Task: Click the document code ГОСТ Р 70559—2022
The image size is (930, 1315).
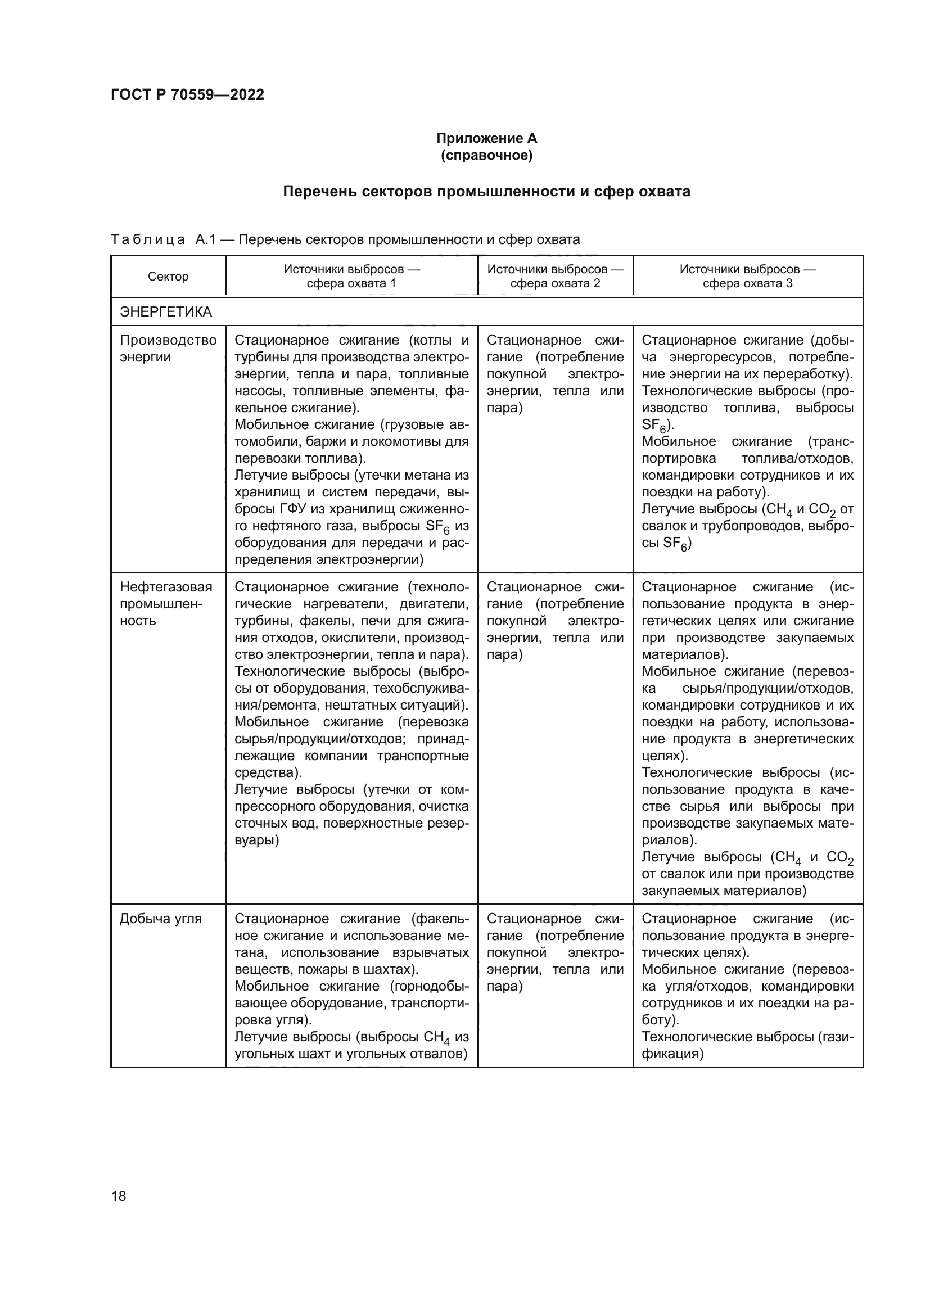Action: coord(187,94)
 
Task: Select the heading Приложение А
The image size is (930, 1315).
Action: coord(486,138)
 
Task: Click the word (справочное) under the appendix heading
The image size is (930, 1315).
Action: coord(486,155)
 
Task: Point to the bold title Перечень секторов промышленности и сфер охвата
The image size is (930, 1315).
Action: coord(486,191)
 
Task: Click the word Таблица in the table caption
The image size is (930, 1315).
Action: coord(148,239)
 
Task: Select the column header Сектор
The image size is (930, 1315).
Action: coord(168,277)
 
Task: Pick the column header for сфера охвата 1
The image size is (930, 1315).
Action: coord(351,276)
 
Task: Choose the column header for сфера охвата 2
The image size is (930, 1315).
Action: coord(555,276)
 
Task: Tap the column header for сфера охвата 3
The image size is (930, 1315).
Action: coord(747,276)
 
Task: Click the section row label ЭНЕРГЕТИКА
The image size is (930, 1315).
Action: coord(165,312)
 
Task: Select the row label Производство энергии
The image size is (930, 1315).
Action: coord(167,348)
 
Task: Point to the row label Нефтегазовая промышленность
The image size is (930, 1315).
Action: coord(165,604)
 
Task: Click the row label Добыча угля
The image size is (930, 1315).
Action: coord(160,919)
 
